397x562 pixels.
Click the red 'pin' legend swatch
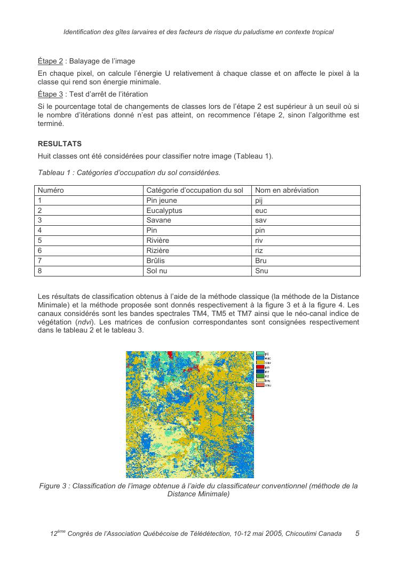coord(260,367)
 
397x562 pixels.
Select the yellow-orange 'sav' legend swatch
coord(260,363)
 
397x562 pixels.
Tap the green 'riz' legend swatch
coord(260,376)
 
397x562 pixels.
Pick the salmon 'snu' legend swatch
coord(260,384)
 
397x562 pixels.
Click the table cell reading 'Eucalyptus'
coord(164,210)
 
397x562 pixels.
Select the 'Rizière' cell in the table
coord(157,250)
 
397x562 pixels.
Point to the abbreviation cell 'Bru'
coord(261,260)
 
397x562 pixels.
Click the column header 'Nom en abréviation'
coord(287,190)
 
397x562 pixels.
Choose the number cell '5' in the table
coord(40,240)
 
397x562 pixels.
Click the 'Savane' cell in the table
coord(158,220)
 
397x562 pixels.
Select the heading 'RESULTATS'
coord(59,144)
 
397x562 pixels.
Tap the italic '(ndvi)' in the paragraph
coord(75,322)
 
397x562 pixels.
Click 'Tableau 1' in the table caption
coord(53,172)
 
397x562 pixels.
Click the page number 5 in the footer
coord(357,533)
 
